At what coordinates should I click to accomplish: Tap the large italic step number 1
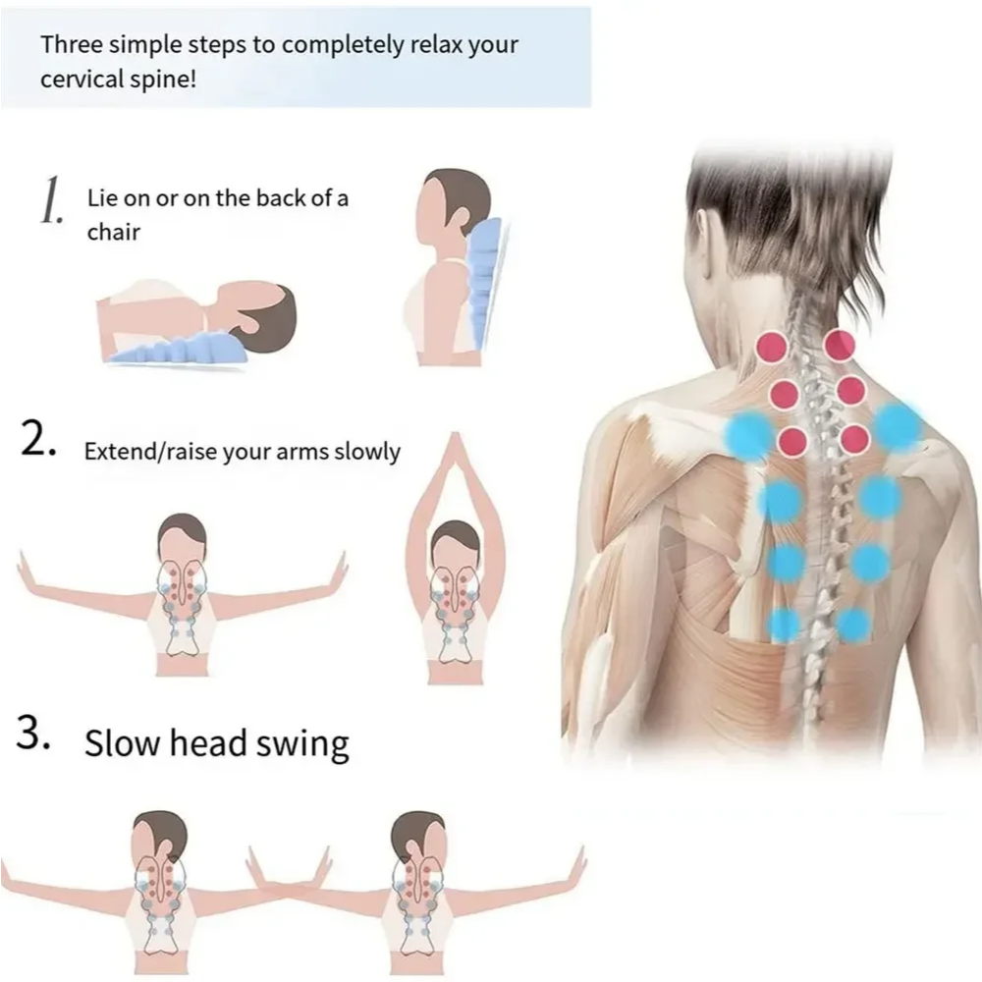(x=51, y=201)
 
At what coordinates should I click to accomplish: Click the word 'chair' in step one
(x=113, y=233)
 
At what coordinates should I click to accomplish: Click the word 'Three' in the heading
(x=71, y=45)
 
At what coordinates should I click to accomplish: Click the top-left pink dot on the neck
(x=773, y=347)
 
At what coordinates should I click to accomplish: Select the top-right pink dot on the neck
(x=839, y=345)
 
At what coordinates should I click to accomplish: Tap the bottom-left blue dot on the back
(x=784, y=625)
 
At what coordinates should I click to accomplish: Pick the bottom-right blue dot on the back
(x=852, y=625)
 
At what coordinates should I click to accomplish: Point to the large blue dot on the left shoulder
(x=749, y=433)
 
